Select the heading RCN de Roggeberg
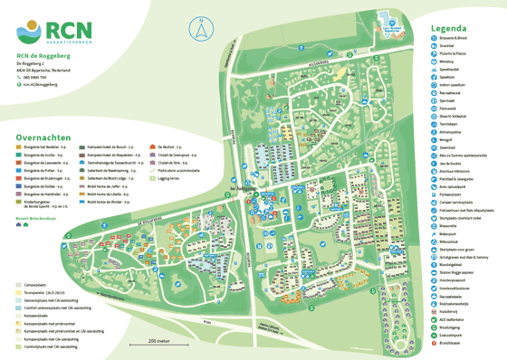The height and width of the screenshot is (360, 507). click(43, 56)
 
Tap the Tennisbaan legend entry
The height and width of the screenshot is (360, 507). click(452, 125)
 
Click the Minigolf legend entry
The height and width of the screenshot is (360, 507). click(449, 141)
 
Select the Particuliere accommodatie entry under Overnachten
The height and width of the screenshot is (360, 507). click(177, 167)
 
